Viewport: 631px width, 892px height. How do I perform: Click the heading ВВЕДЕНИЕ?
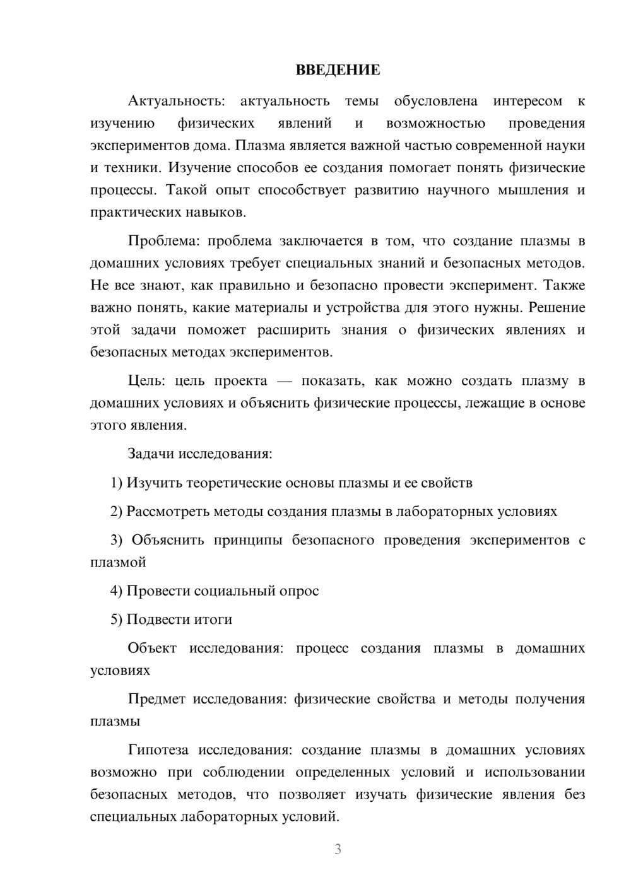click(338, 70)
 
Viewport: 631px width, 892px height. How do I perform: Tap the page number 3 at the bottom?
click(338, 849)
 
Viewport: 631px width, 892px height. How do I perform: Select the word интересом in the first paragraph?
click(528, 101)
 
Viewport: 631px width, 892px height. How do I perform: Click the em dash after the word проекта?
click(285, 381)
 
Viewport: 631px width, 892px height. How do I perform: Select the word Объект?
click(152, 648)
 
